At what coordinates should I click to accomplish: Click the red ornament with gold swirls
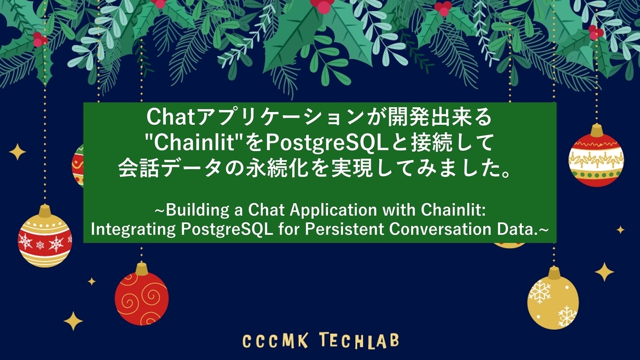[142, 299]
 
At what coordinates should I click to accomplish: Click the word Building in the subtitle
[191, 210]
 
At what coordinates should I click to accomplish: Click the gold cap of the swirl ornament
[142, 268]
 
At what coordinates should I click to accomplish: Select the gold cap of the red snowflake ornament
[45, 211]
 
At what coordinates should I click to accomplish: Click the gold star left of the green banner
[17, 152]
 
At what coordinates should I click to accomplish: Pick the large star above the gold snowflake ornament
[604, 271]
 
